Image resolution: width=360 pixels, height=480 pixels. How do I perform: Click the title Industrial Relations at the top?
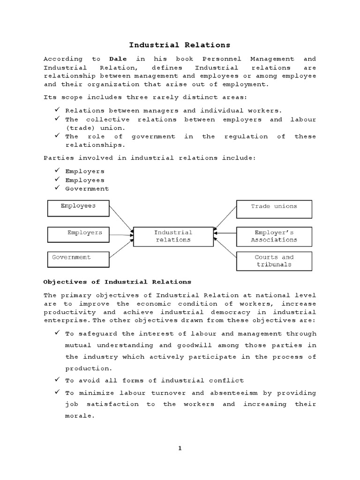point(180,45)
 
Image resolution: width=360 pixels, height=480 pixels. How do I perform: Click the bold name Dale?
point(118,59)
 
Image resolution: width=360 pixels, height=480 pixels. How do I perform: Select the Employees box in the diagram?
point(78,208)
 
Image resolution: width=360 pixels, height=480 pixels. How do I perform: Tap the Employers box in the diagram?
point(78,234)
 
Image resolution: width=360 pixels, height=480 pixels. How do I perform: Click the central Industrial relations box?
point(173,237)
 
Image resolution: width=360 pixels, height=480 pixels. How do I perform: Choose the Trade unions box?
point(274,209)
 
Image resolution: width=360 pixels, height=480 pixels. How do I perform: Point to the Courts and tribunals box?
point(274,261)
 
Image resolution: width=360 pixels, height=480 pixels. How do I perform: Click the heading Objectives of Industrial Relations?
point(117,282)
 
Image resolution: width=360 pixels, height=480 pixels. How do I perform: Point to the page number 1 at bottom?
point(180,448)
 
